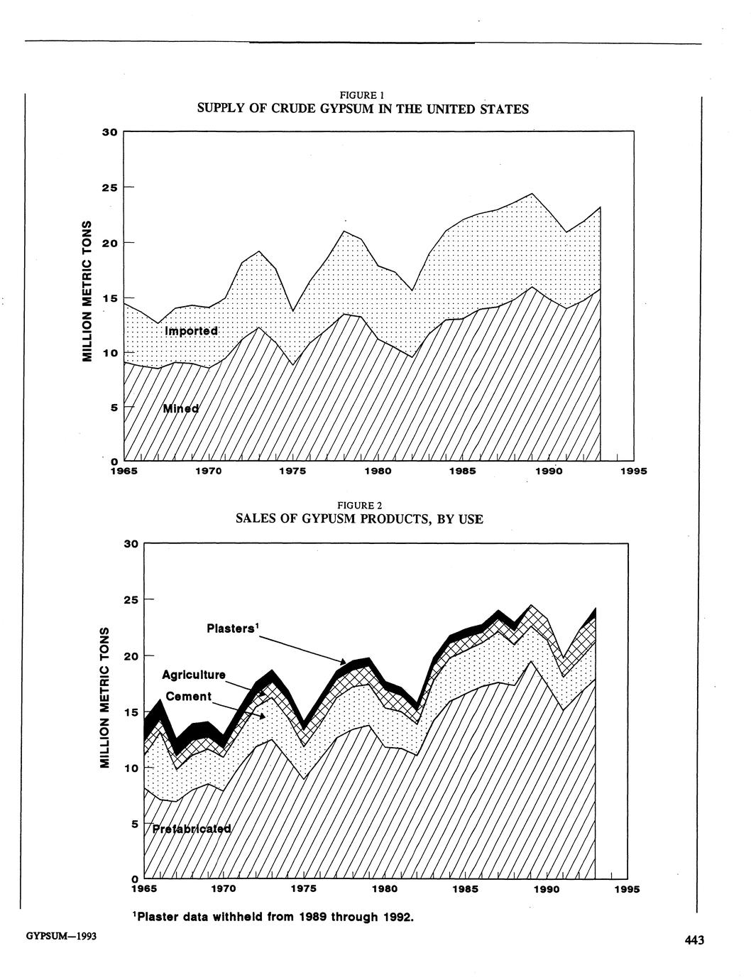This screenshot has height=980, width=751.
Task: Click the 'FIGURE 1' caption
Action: pos(362,95)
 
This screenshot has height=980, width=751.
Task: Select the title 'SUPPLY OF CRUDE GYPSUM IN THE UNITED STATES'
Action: pos(362,109)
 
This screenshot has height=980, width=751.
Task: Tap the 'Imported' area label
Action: pos(191,332)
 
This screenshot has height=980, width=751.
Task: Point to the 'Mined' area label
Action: pos(181,408)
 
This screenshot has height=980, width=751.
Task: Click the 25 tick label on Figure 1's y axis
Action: pos(109,187)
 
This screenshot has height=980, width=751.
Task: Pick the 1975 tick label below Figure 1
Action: pos(292,471)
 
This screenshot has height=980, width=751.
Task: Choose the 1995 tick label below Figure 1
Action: pos(633,471)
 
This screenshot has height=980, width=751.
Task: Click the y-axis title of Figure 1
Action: pos(88,291)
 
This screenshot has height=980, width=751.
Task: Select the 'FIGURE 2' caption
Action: pos(360,506)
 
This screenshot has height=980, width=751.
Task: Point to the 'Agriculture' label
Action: pos(194,675)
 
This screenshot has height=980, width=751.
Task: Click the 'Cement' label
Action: pos(189,697)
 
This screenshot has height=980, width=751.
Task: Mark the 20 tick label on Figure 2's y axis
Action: pos(128,656)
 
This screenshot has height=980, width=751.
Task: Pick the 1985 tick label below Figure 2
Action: pos(466,889)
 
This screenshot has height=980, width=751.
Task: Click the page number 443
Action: pos(694,941)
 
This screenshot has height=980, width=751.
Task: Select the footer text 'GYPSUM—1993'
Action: pos(61,937)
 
